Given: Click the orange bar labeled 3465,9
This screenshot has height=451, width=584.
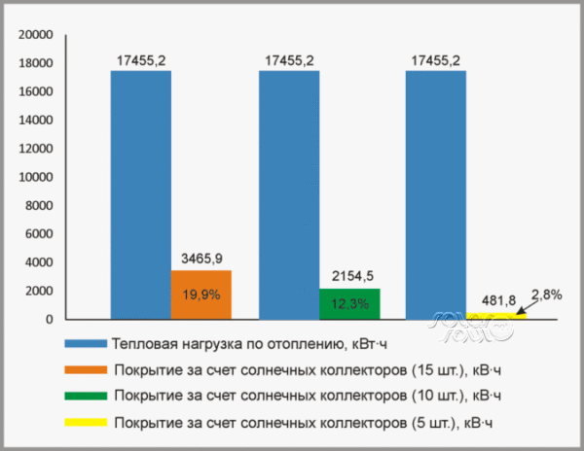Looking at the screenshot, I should point(201,295).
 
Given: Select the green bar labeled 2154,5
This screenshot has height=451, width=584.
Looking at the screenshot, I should point(349,303).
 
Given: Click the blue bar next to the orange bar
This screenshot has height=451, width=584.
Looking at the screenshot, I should point(140,194).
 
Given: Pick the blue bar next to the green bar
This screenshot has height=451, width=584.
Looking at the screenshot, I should point(288,194).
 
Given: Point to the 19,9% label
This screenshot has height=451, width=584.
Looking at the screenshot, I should point(201,295).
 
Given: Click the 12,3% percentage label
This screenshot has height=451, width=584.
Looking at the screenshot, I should point(349,304).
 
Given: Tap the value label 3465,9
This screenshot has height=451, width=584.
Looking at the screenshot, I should point(201,259).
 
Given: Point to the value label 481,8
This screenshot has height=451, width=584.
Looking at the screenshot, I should point(497,299).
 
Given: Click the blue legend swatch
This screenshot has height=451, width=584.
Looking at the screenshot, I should point(85,344).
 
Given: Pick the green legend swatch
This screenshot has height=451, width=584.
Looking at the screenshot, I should point(85,396).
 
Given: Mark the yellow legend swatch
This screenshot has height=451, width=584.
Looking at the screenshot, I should point(85,422).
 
